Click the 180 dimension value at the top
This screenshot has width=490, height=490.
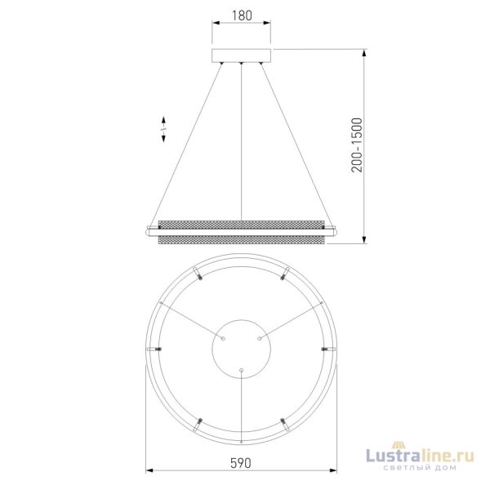(241, 15)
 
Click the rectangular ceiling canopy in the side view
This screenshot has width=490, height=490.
(241, 56)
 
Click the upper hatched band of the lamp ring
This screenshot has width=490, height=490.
(241, 223)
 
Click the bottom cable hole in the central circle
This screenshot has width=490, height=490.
(241, 370)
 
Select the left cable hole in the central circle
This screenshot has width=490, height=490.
(223, 337)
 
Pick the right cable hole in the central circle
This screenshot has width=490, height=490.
(260, 337)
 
